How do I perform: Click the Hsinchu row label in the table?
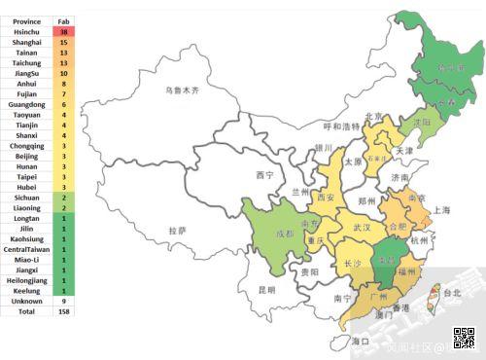coord(27,31)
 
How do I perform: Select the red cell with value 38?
coord(63,31)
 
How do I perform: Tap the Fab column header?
coord(63,19)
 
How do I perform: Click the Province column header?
coord(27,19)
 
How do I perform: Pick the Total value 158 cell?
coord(63,311)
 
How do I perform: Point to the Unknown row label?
coord(27,301)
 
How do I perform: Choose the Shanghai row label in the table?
coord(27,43)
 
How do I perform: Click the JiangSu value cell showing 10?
coord(63,73)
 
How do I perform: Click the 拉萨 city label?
coord(177,231)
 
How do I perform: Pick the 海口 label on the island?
coord(361,342)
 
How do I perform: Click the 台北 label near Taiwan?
coord(452,292)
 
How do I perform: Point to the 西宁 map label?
coord(264,175)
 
